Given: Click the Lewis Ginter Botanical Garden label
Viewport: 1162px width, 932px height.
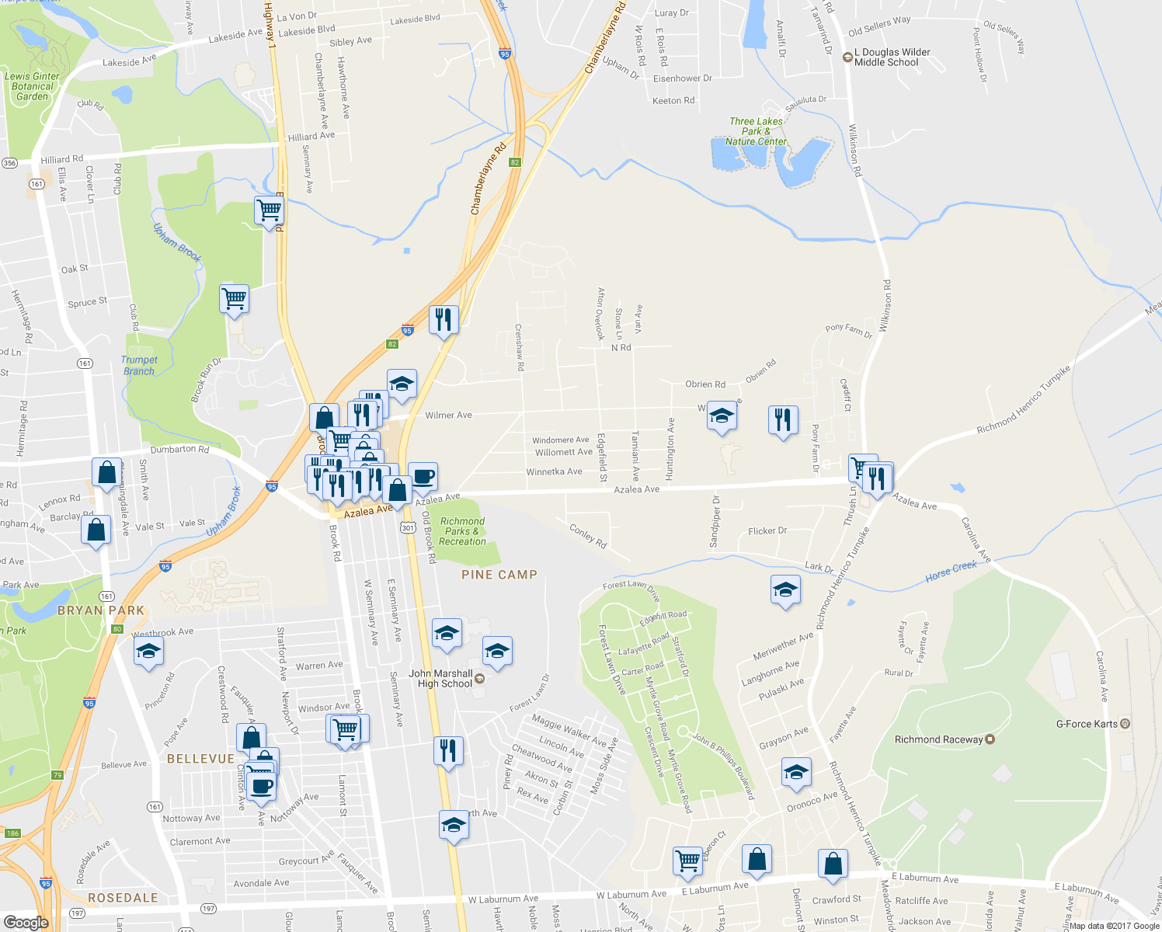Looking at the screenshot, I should coord(32,86).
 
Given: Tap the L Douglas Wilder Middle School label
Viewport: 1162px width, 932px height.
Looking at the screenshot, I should coord(892,57).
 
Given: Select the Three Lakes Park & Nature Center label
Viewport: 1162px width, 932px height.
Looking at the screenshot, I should coord(756,131).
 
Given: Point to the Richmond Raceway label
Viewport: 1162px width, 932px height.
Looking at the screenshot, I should coord(938,739).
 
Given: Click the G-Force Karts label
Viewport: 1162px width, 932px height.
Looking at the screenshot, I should coord(1087,724).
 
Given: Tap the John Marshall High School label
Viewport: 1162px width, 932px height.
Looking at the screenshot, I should coord(440,679).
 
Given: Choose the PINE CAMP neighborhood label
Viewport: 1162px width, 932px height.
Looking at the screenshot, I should coord(499,575).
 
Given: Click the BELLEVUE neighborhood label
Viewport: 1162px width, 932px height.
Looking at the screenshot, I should coord(200,759).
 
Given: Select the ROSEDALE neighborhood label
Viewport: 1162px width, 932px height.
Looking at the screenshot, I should coord(123,898).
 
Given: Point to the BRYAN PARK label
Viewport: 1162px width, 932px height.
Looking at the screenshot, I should coord(101,610).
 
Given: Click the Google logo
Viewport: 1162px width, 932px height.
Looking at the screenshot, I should coord(26,922).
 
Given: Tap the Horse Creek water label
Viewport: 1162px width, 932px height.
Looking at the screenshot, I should coord(951,572).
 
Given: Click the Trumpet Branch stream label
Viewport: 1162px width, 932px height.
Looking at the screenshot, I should coord(139,365).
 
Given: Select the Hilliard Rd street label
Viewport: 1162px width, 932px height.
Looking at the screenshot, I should coord(62,159).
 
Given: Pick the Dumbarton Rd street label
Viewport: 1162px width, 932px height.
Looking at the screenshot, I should coord(179,449).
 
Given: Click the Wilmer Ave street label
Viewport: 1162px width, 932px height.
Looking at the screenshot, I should coord(448,416).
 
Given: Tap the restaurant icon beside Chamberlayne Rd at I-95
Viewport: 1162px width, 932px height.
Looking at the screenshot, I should coord(444,319).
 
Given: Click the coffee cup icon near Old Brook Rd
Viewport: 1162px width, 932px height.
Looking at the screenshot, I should coord(423,476).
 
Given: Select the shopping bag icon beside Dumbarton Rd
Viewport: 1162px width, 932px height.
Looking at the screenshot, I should coord(105,471).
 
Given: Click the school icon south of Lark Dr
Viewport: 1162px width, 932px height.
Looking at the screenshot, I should coord(785,589).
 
